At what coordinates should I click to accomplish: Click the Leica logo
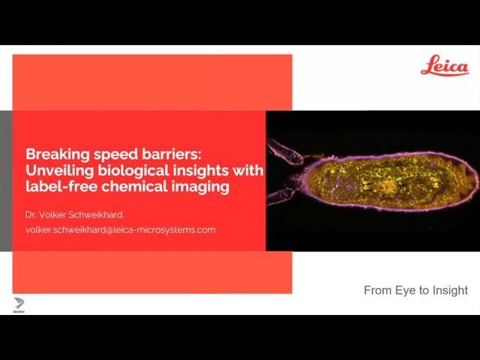[444, 66]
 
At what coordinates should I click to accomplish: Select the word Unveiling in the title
[55, 171]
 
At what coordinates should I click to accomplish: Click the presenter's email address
[120, 229]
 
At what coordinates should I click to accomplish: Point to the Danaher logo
[19, 304]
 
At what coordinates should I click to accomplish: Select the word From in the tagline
[377, 290]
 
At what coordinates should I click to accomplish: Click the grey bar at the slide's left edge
[6, 179]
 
